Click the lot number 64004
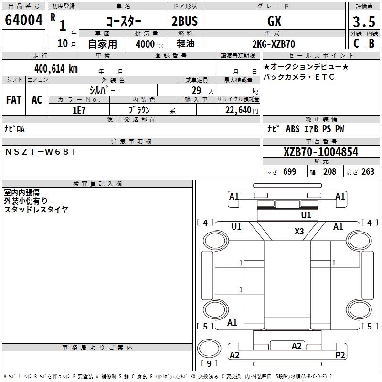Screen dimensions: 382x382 pyautogui.click(x=22, y=21)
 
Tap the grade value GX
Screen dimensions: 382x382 pyautogui.click(x=275, y=21)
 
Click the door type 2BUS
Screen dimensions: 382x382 pyautogui.click(x=184, y=21)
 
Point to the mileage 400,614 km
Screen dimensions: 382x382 pyautogui.click(x=56, y=68)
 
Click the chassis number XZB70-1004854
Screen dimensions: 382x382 pyautogui.click(x=321, y=152)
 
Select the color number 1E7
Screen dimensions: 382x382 pyautogui.click(x=79, y=110)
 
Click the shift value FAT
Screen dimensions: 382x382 pyautogui.click(x=14, y=99)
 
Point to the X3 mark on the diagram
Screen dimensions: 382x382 pyautogui.click(x=299, y=232)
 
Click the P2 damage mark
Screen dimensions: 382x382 pyautogui.click(x=340, y=355)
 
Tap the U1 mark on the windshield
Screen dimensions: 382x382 pyautogui.click(x=306, y=215)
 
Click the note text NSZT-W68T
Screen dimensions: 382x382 pyautogui.click(x=41, y=152)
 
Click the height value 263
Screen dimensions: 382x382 pyautogui.click(x=368, y=172)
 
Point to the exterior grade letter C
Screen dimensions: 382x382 pyautogui.click(x=356, y=43)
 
